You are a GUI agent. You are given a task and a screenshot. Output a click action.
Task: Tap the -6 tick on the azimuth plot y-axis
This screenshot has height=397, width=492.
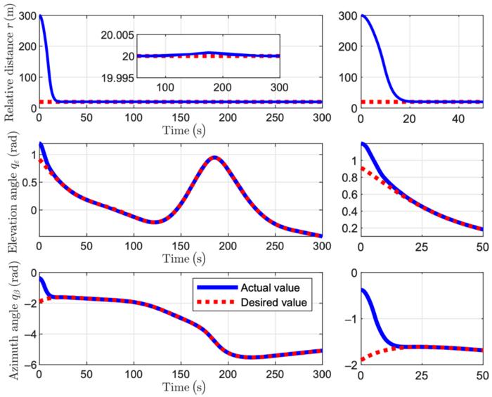[27, 365]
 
